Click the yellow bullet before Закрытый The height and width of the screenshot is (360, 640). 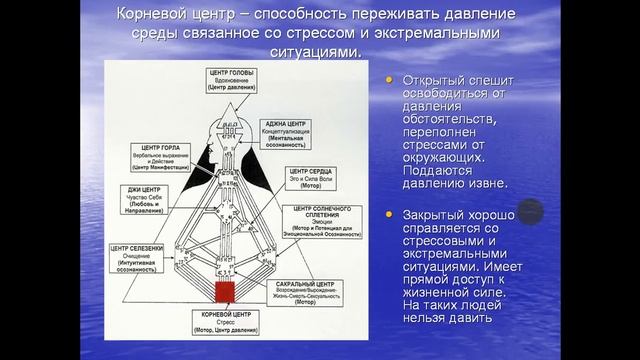pyautogui.click(x=389, y=215)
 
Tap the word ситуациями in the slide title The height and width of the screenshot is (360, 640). pyautogui.click(x=314, y=49)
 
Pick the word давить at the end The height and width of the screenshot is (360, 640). pyautogui.click(x=469, y=319)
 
